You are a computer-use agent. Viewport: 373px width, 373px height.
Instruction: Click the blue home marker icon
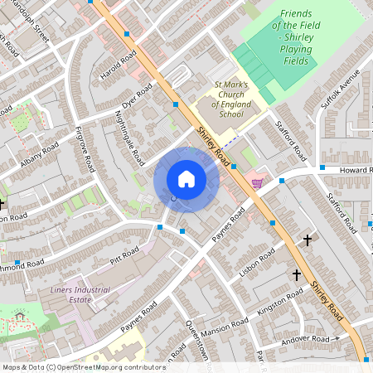coord(186,179)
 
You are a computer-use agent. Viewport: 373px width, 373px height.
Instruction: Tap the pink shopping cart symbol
coord(257,184)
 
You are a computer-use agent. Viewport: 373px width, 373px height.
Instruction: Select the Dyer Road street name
coord(138,96)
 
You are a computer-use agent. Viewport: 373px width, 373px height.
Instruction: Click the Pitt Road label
coord(124,254)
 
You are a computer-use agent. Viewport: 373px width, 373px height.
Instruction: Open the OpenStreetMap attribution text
coord(83,366)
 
